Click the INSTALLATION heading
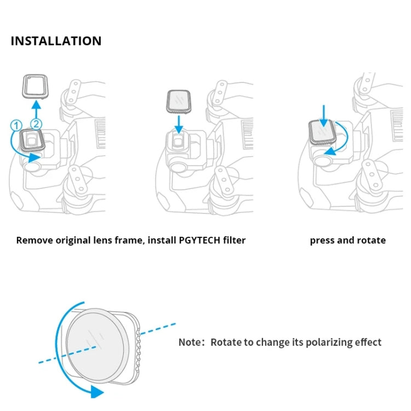(56, 41)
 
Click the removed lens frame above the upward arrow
(34, 87)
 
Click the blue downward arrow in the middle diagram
(179, 125)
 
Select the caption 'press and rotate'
(347, 240)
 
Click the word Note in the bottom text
(190, 342)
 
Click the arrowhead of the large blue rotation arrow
(96, 391)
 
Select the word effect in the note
(367, 342)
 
